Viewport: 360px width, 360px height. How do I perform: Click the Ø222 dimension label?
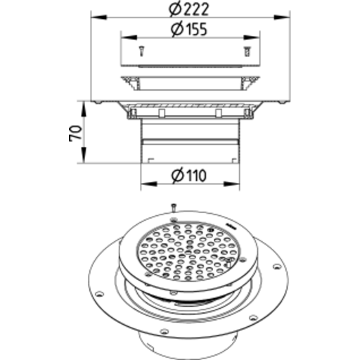coord(188,9)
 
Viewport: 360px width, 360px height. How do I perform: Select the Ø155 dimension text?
coord(189,29)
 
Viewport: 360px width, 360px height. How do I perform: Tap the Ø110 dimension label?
coord(189,175)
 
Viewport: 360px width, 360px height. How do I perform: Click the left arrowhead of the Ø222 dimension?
coord(99,17)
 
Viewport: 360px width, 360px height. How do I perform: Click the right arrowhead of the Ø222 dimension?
coord(282,17)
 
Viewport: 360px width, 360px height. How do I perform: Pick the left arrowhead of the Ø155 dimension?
coord(129,37)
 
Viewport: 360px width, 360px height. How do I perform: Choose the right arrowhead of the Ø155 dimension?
coord(252,37)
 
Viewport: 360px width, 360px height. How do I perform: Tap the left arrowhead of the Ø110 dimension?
coord(149,184)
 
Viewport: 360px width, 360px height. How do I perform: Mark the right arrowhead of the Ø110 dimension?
coord(231,184)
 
